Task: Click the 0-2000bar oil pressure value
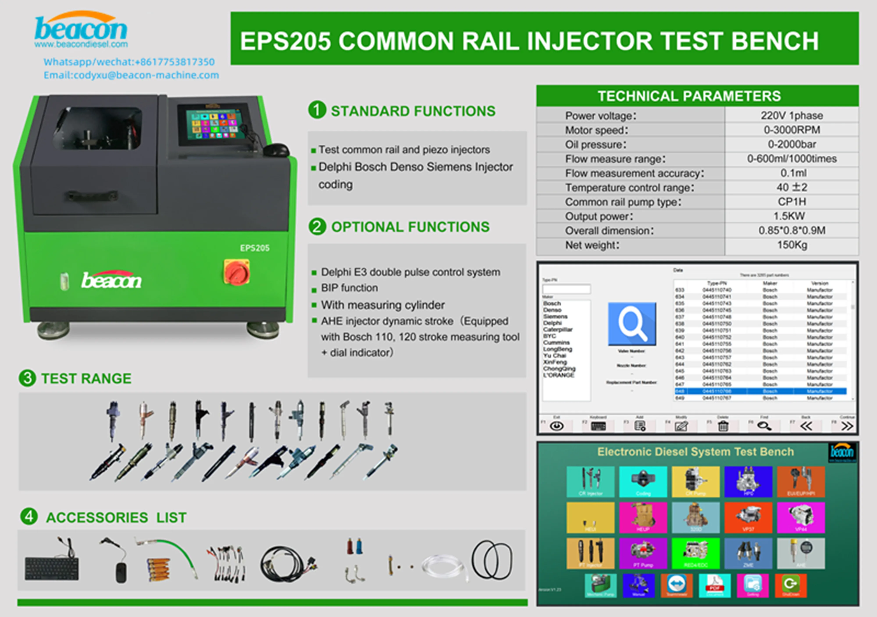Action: [x=792, y=144]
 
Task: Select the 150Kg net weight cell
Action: [x=792, y=245]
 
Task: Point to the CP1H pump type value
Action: [x=792, y=202]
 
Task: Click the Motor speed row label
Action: [x=596, y=130]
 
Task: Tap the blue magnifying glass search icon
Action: [x=632, y=324]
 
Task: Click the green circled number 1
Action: [x=317, y=110]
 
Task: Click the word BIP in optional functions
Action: [x=329, y=288]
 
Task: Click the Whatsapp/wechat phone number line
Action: [x=129, y=62]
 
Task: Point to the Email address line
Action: [x=131, y=75]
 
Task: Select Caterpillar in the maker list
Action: [x=558, y=329]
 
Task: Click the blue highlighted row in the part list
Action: [x=760, y=391]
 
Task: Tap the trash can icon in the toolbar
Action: [x=723, y=426]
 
